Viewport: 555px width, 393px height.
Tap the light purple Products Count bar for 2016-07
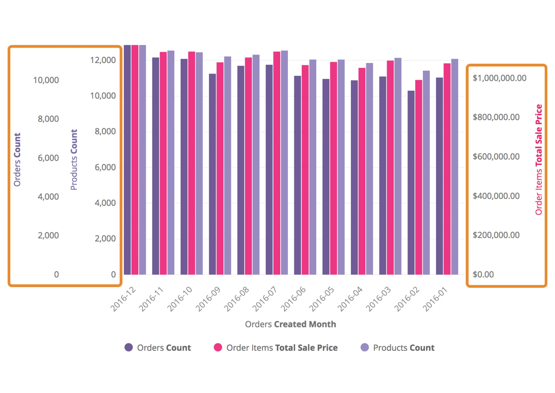pos(284,162)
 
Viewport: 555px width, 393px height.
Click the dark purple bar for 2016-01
pos(439,176)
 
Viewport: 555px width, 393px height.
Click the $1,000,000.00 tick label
pos(499,78)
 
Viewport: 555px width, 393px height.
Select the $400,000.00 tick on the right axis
pos(496,196)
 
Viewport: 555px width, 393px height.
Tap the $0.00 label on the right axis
pos(483,274)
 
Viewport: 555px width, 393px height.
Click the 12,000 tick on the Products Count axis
pos(103,60)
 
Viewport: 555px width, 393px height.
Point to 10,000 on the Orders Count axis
pos(46,80)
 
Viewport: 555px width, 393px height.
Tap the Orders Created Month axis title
pos(290,324)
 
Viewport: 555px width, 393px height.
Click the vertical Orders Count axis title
pos(17,159)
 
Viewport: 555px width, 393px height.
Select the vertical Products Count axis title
pos(74,159)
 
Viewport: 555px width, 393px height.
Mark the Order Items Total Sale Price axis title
pos(539,159)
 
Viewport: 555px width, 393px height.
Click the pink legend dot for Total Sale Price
pos(218,347)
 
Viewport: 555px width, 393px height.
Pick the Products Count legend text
pos(404,348)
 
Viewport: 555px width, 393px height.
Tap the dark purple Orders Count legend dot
pos(128,347)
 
